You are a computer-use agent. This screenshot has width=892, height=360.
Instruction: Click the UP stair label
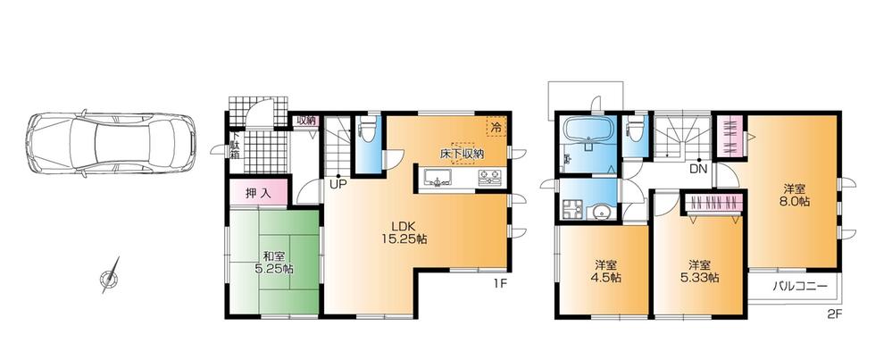338,185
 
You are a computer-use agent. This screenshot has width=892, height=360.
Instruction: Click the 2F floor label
834,313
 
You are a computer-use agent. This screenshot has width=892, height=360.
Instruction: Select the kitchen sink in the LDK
438,181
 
